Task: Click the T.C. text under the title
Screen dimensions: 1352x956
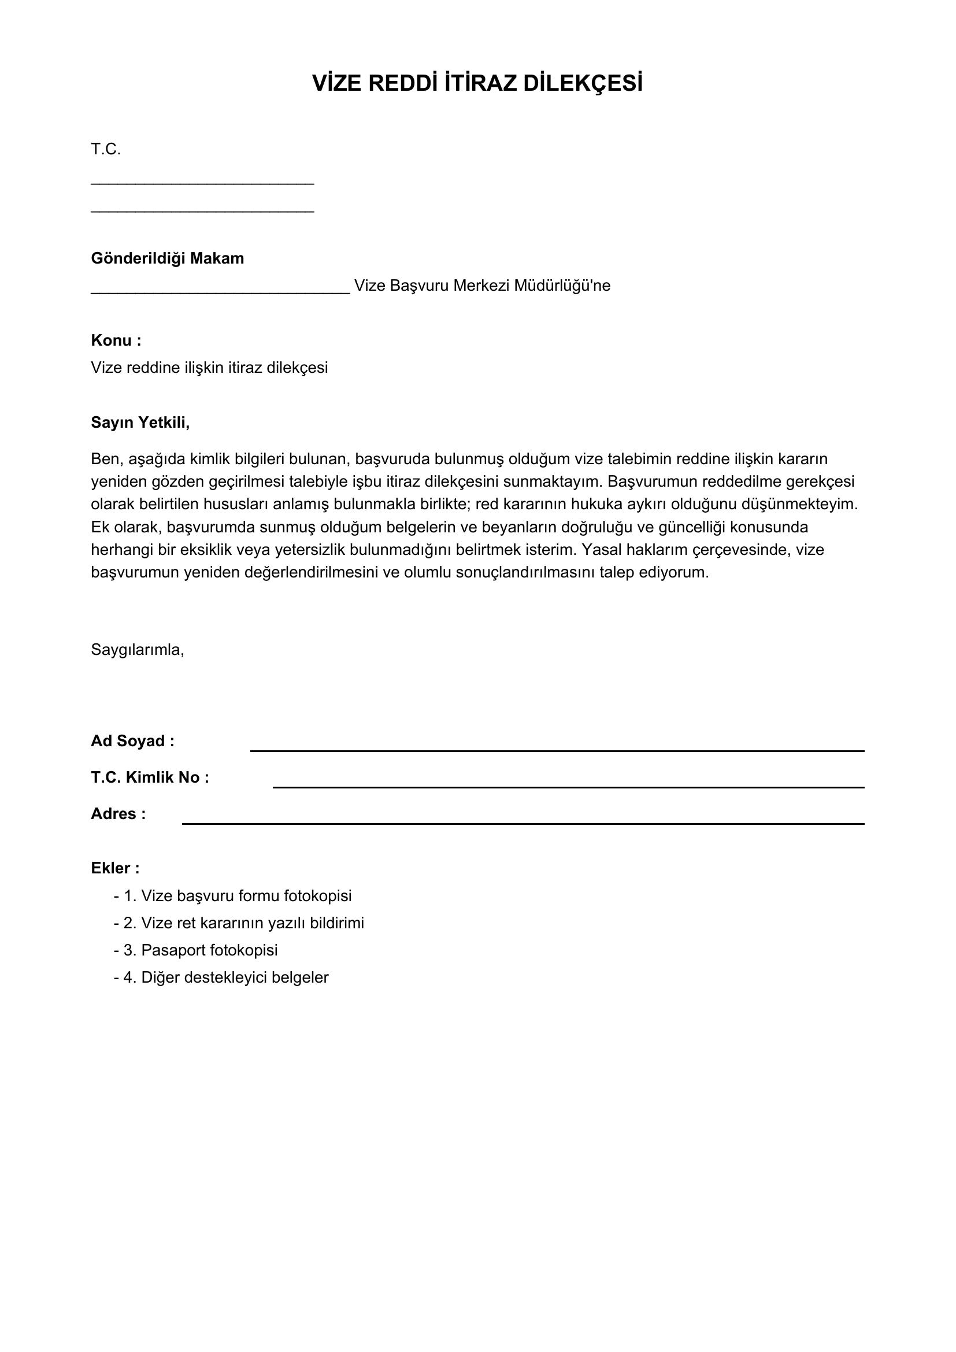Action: tap(105, 150)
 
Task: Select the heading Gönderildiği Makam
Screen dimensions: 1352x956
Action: tap(167, 258)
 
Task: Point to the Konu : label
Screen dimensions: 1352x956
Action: tap(116, 340)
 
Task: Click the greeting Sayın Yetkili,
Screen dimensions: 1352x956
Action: tap(140, 422)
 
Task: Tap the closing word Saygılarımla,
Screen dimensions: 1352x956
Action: tap(137, 650)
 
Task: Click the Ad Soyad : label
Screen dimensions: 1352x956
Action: tap(132, 741)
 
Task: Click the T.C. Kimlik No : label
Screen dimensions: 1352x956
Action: tap(150, 777)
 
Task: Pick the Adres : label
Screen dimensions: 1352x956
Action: tap(118, 814)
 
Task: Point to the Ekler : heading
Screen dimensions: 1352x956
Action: tap(115, 868)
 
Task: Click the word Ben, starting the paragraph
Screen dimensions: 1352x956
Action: tap(106, 459)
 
